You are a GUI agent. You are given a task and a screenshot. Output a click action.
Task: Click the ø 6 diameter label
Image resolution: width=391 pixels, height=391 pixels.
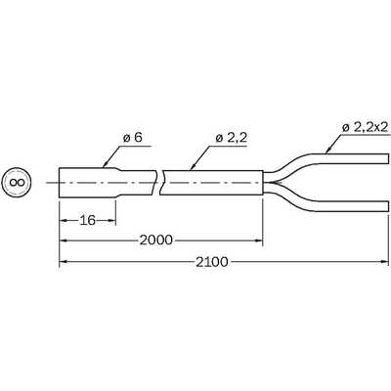(133, 138)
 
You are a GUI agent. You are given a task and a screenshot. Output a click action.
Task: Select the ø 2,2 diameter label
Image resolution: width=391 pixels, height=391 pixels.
(231, 138)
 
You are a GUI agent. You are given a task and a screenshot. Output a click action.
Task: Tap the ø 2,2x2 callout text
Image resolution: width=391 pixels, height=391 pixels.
(365, 127)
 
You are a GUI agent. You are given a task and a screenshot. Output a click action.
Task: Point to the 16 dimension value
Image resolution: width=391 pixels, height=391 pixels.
(88, 221)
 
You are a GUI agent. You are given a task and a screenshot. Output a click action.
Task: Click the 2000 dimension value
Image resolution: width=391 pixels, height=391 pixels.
(155, 240)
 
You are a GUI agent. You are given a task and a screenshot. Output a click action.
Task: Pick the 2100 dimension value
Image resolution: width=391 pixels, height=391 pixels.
(212, 262)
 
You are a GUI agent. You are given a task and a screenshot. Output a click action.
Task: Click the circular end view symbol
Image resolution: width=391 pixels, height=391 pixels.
(17, 183)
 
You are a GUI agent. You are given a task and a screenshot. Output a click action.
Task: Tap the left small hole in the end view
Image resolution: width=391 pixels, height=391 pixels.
(13, 183)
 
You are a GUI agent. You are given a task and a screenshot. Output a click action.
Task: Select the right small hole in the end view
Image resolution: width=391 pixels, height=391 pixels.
(20, 183)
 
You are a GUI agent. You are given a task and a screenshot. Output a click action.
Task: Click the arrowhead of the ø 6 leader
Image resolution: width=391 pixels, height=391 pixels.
(106, 164)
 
